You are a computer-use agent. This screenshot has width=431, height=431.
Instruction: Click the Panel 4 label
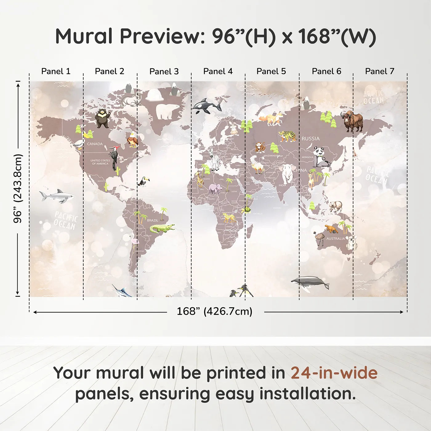(x=218, y=71)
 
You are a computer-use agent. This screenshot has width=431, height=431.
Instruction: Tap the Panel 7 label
(x=380, y=71)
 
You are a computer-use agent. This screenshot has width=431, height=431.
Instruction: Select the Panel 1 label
(x=56, y=71)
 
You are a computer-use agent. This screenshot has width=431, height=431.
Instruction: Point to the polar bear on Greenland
(x=168, y=111)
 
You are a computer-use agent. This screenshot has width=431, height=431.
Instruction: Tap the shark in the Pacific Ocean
(x=57, y=196)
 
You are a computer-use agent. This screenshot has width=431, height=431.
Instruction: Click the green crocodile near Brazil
(x=162, y=228)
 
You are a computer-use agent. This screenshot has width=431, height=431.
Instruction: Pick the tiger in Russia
(x=288, y=136)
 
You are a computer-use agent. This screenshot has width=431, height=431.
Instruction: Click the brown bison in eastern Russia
(x=352, y=121)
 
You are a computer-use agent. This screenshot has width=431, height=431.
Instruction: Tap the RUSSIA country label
(x=310, y=139)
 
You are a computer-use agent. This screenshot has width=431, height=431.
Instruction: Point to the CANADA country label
(x=95, y=144)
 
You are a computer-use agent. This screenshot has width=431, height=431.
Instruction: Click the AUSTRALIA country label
(x=336, y=239)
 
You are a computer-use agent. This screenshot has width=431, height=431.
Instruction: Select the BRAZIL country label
(x=153, y=220)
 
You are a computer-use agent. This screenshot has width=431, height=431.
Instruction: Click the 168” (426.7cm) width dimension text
(x=215, y=312)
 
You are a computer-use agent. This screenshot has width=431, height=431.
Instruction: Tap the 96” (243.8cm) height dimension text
(x=18, y=188)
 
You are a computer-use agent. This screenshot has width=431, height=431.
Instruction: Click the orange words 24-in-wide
(x=334, y=373)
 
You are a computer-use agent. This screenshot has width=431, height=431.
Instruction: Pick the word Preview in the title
(x=160, y=36)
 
